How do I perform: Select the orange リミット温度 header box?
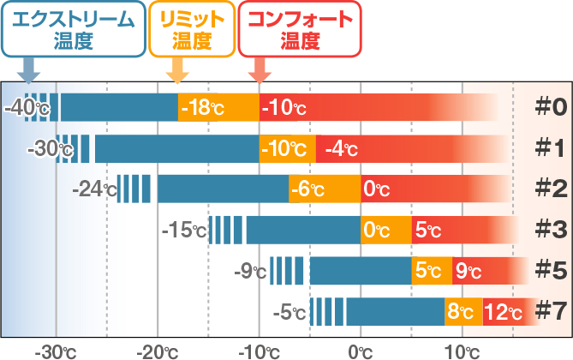[x=191, y=29]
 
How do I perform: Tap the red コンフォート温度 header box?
[x=299, y=29]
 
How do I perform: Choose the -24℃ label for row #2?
[x=93, y=189]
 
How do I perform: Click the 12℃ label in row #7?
[x=503, y=312]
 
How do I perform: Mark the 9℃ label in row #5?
[x=468, y=272]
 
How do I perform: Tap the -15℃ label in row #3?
[x=184, y=230]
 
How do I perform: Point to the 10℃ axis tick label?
[x=463, y=350]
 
